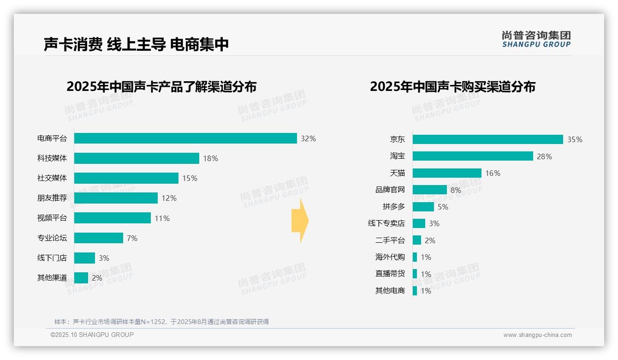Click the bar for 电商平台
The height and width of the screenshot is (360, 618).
pyautogui.click(x=185, y=138)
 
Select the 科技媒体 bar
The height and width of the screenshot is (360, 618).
pyautogui.click(x=137, y=158)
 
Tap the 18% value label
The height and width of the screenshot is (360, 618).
pyautogui.click(x=210, y=158)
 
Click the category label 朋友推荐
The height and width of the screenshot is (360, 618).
pyautogui.click(x=52, y=198)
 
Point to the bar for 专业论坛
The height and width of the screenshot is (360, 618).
pyautogui.click(x=99, y=238)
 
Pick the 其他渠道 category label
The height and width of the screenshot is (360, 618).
pyautogui.click(x=52, y=278)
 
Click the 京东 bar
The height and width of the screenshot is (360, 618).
pyautogui.click(x=487, y=139)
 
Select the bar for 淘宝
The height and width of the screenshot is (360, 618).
pyautogui.click(x=473, y=156)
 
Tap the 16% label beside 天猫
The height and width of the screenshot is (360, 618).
pyautogui.click(x=493, y=173)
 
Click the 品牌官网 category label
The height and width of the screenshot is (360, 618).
pyautogui.click(x=390, y=190)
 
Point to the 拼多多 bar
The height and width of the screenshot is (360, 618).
pyautogui.click(x=423, y=206)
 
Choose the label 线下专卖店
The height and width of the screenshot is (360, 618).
pyautogui.click(x=386, y=223)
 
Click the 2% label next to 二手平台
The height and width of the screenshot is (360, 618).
pyautogui.click(x=430, y=240)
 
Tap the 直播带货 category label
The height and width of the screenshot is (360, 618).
pyautogui.click(x=390, y=274)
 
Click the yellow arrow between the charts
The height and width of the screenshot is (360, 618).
pyautogui.click(x=300, y=221)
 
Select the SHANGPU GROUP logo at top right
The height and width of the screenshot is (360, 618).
pyautogui.click(x=536, y=39)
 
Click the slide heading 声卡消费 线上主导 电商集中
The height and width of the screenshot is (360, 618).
pyautogui.click(x=137, y=44)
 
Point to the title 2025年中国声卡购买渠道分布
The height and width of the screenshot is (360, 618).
pyautogui.click(x=452, y=87)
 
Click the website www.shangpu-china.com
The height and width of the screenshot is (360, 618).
pyautogui.click(x=537, y=335)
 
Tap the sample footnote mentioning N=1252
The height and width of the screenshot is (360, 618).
pyautogui.click(x=161, y=322)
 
